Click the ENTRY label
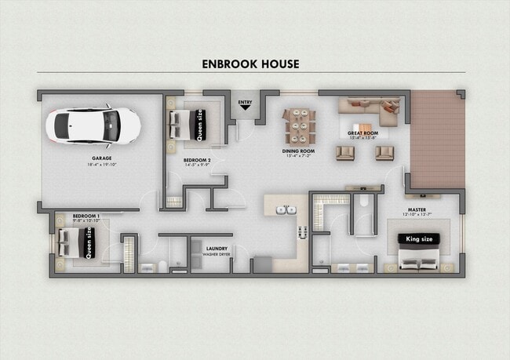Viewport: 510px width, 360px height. coord(246,101)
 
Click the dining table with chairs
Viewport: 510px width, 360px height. coord(299,123)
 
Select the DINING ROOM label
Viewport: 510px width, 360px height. coord(299,150)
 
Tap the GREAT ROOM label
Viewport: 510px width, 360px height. coord(363,133)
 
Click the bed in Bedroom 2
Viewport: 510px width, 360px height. coord(187,123)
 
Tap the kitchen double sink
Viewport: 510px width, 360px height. coord(288,210)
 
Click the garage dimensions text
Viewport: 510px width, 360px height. coord(101,165)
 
